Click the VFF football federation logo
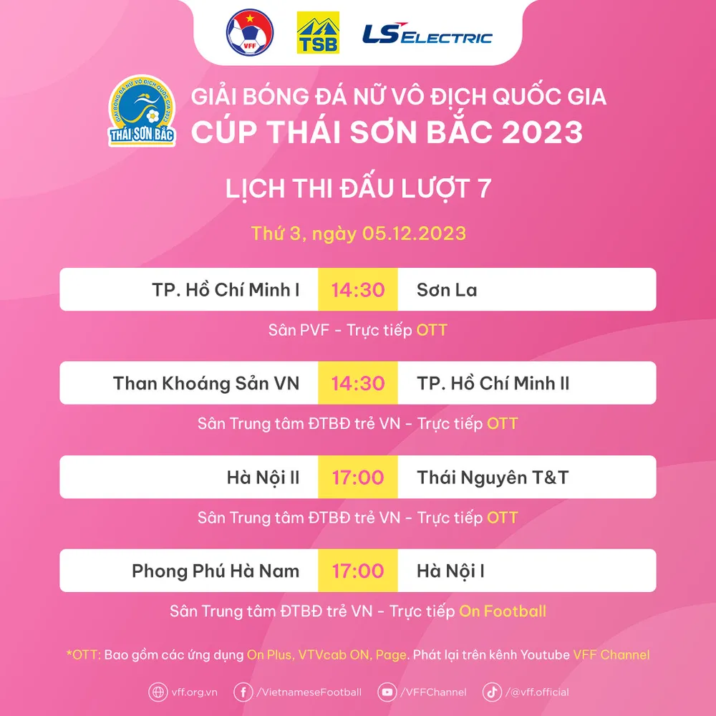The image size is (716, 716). pyautogui.click(x=250, y=32)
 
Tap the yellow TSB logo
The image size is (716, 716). pyautogui.click(x=318, y=32)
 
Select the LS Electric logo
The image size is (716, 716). pyautogui.click(x=427, y=34)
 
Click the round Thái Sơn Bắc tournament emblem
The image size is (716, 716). pyautogui.click(x=142, y=111)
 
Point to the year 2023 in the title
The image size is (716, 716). pyautogui.click(x=542, y=132)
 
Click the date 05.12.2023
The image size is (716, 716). pyautogui.click(x=414, y=233)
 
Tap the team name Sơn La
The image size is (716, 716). pyautogui.click(x=447, y=290)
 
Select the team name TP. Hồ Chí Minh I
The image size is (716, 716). pyautogui.click(x=226, y=290)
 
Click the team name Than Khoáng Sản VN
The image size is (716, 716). pyautogui.click(x=206, y=384)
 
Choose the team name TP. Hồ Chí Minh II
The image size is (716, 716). pyautogui.click(x=493, y=384)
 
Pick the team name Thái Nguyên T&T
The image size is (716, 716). pyautogui.click(x=493, y=478)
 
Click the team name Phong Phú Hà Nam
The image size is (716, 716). pyautogui.click(x=216, y=571)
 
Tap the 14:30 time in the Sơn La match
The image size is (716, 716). pyautogui.click(x=358, y=290)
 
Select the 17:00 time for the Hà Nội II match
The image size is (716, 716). pyautogui.click(x=358, y=478)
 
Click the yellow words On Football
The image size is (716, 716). pyautogui.click(x=503, y=611)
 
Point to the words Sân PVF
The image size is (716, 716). pyautogui.click(x=299, y=329)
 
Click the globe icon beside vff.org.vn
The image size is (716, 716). pyautogui.click(x=158, y=692)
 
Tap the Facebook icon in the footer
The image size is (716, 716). pyautogui.click(x=243, y=692)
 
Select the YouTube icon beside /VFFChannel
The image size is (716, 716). pyautogui.click(x=387, y=692)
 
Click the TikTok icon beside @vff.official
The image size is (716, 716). pyautogui.click(x=493, y=692)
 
